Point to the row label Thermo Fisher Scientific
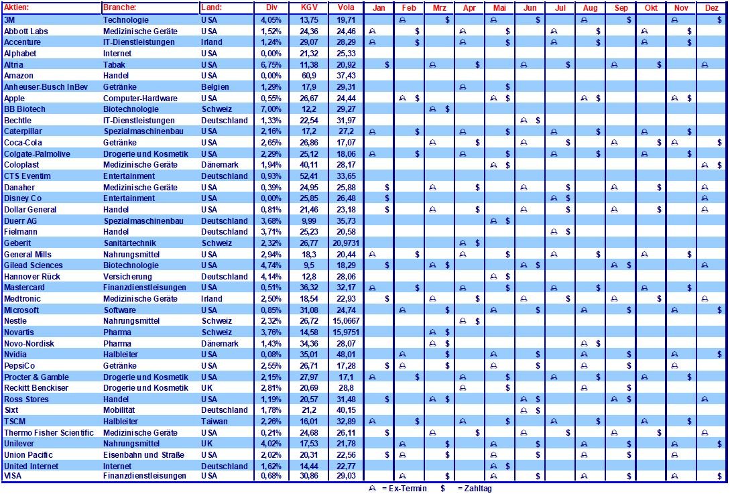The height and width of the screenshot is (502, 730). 49,433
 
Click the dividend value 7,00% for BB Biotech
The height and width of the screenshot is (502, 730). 271,109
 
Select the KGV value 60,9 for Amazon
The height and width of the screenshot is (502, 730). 308,76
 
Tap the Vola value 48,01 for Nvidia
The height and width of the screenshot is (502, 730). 347,355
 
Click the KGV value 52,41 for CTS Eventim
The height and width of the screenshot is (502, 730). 308,176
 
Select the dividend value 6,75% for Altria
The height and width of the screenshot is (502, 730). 271,64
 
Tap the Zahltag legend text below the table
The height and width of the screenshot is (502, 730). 474,489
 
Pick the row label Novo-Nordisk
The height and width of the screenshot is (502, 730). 29,344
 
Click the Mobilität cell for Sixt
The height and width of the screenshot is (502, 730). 120,410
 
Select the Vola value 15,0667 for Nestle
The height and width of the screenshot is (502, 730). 347,321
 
